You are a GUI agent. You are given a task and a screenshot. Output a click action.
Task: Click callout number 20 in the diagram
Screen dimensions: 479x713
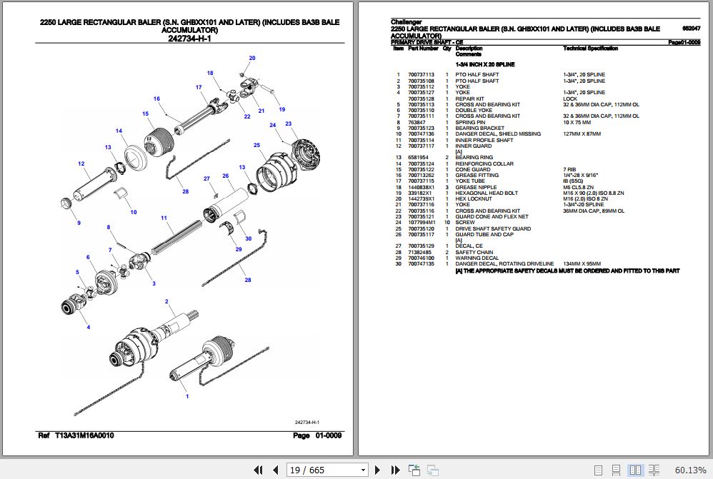coord(251,58)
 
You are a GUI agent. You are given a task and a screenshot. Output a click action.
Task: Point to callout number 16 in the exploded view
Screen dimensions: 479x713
coord(156,99)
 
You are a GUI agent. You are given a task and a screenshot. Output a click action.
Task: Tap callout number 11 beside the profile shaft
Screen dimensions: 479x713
coord(164,218)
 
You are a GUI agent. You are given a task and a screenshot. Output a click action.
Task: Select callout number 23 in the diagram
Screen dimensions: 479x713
coord(289,124)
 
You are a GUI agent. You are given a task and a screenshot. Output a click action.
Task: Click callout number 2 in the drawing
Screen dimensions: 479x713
coord(166,302)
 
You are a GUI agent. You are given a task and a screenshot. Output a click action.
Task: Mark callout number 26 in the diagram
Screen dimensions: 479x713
coord(225,176)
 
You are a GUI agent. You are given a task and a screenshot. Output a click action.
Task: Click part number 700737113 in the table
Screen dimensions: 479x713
coord(421,75)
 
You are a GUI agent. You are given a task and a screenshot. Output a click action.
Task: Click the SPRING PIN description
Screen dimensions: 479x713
coord(470,122)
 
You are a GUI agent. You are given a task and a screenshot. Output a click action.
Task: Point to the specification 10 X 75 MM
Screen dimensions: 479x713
coord(577,122)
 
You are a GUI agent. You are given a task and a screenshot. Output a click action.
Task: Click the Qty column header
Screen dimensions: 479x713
coord(447,49)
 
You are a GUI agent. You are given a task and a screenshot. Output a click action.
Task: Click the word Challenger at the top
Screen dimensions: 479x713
coord(406,22)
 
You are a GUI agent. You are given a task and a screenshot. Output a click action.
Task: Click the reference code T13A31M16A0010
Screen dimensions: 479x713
coord(84,435)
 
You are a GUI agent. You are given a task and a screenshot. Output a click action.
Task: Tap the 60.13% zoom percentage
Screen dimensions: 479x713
coord(690,470)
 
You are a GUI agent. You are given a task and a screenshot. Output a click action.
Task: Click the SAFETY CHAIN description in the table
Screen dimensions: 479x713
coord(474,253)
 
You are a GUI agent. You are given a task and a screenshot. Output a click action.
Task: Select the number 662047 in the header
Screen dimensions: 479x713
coord(691,29)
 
